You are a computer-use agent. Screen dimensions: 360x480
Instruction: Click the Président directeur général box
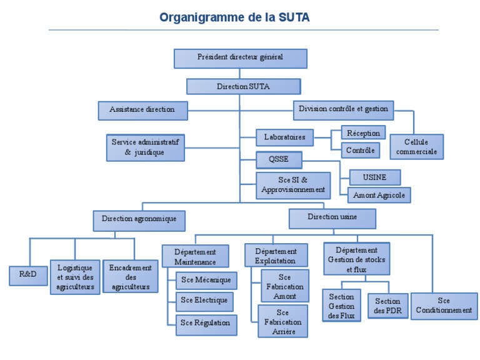[240, 58]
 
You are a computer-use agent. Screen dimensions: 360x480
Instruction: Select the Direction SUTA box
[243, 86]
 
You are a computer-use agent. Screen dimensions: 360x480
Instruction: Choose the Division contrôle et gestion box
[343, 110]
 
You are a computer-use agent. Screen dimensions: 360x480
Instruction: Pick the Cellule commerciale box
[416, 147]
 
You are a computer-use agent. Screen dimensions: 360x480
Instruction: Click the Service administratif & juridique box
[144, 147]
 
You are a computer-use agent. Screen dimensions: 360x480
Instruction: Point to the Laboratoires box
[284, 137]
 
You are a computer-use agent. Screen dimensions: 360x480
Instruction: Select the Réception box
[363, 133]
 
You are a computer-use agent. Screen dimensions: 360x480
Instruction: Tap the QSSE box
[278, 160]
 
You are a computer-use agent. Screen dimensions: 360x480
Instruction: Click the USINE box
[374, 177]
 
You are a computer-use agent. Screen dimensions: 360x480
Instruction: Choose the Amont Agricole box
[379, 195]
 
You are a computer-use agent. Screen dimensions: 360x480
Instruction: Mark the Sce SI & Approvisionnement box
[292, 186]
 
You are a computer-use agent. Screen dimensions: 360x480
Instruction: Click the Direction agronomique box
[139, 219]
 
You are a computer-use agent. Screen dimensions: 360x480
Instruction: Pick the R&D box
[28, 275]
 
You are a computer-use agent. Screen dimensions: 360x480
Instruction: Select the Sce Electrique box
[204, 301]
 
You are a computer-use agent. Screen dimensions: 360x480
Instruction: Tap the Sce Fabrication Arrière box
[283, 321]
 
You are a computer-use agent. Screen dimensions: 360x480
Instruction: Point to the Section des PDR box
[387, 306]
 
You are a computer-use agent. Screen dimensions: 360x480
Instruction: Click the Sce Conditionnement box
[443, 306]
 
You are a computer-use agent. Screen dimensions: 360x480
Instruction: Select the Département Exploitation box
[276, 255]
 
